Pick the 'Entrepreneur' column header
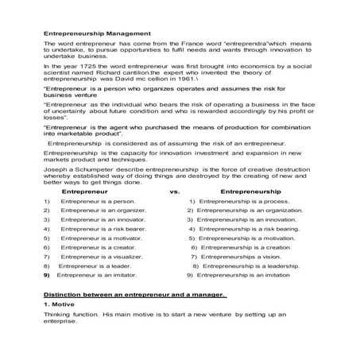pos(85,192)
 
